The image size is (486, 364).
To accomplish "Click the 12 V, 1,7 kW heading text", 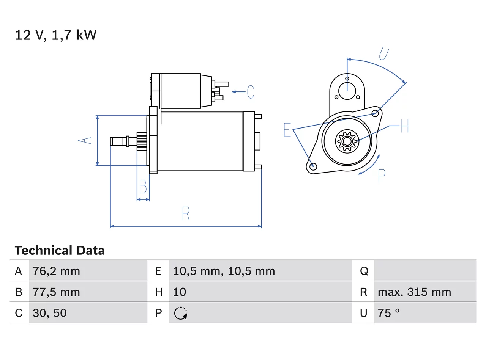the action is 55,35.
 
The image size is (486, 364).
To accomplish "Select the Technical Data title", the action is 60,250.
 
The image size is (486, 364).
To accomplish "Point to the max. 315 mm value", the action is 414,292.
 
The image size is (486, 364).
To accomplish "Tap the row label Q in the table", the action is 364,271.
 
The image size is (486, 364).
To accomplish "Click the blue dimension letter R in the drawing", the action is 186,213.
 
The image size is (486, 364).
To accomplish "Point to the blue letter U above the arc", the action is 384,53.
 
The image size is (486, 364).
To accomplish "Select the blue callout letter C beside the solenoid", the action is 251,92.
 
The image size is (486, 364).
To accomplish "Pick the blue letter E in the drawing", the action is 287,130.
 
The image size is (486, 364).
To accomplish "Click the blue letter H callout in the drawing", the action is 405,126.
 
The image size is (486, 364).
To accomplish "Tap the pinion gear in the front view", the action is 347,141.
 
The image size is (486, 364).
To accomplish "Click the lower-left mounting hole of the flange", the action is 313,166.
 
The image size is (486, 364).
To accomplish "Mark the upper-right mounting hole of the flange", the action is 375,113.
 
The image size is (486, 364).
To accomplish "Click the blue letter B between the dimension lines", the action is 143,186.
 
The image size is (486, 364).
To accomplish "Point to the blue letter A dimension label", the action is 85,141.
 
